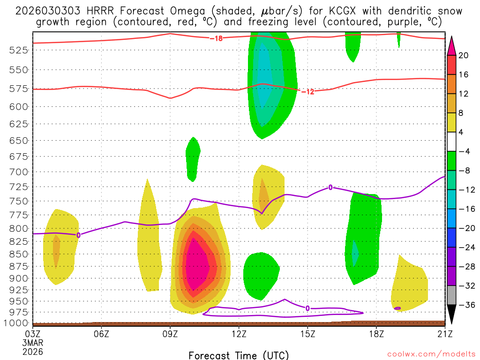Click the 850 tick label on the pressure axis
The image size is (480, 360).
tap(19, 254)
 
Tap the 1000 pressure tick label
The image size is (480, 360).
tap(17, 323)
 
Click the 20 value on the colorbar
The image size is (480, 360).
tap(464, 55)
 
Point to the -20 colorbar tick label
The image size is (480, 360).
tap(464, 228)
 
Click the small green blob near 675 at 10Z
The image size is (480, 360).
tap(193, 157)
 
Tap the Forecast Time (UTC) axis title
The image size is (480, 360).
tap(239, 355)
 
